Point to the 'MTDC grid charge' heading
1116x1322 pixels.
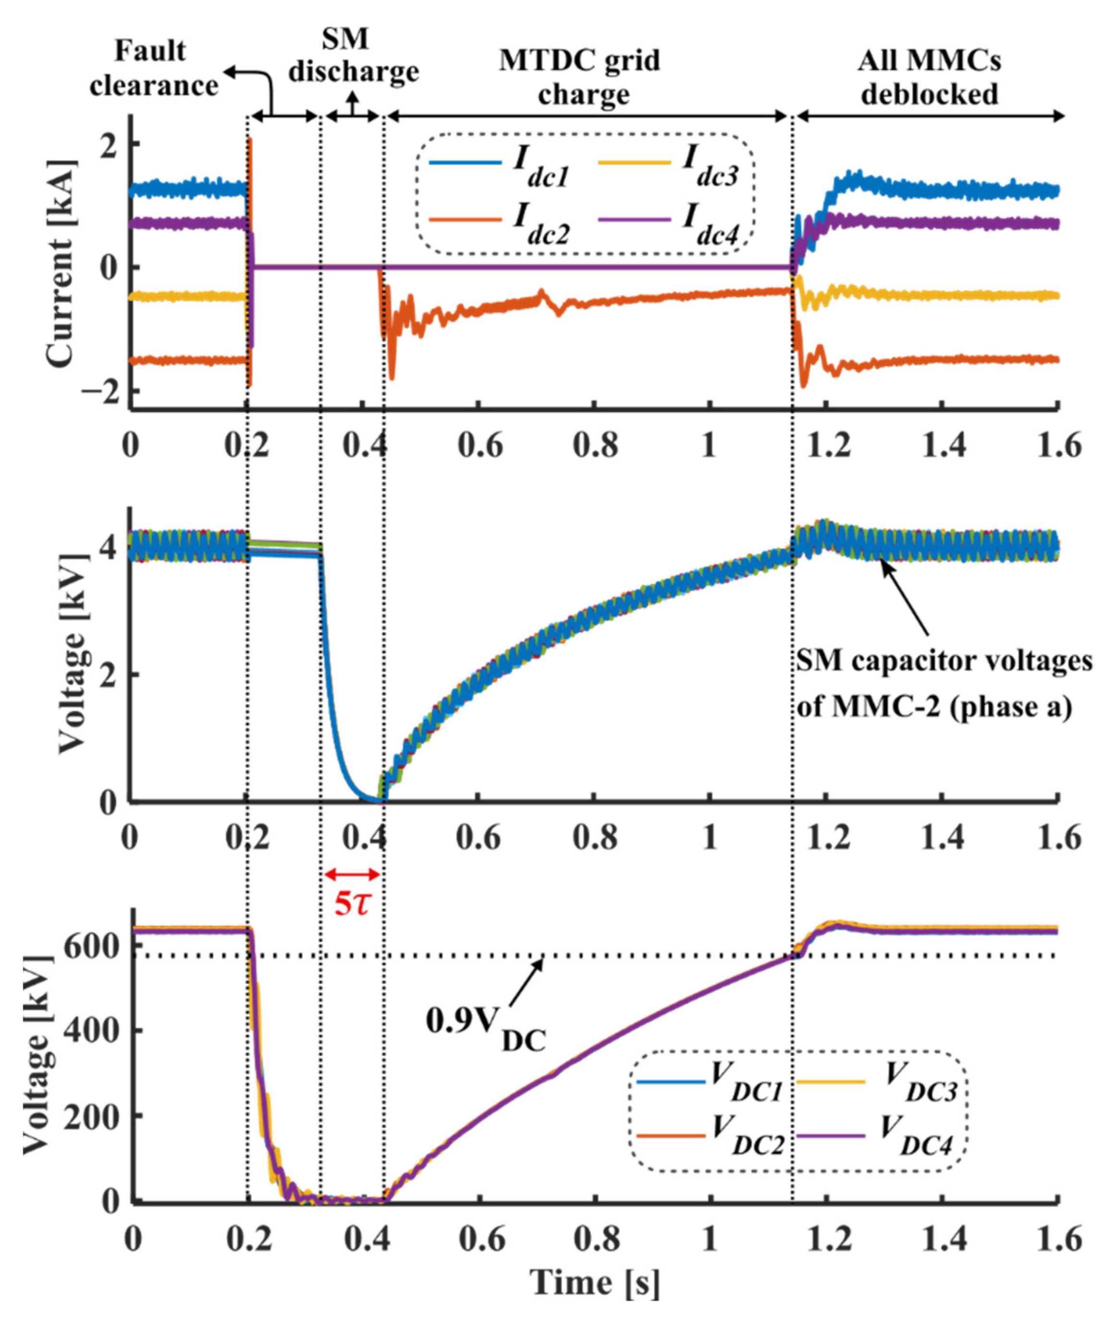tap(580, 77)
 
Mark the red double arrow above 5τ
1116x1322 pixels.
tap(352, 875)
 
